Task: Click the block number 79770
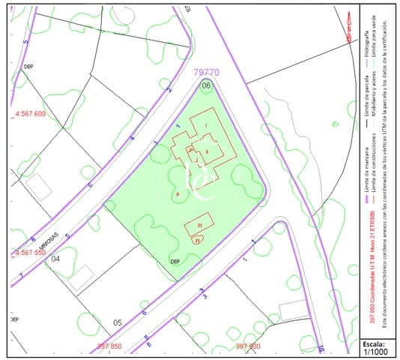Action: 207,73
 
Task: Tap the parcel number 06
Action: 206,85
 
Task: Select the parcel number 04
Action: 55,259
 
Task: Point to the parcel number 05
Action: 117,322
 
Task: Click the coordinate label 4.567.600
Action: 30,114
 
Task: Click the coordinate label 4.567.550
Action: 30,253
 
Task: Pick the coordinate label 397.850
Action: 109,346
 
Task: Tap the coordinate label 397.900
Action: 247,346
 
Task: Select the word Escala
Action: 375,340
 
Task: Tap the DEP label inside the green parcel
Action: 175,262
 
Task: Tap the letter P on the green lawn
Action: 178,194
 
